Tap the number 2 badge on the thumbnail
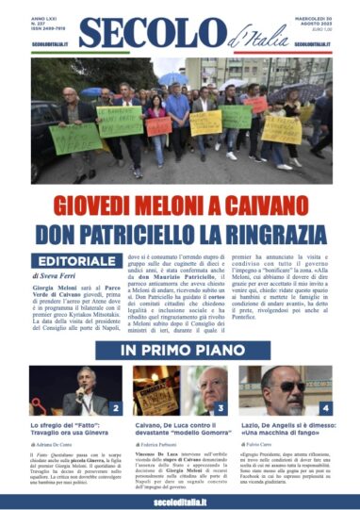tap(115, 408)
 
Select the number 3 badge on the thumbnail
tap(219, 408)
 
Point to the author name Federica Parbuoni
tap(162, 441)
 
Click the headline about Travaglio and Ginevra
tap(73, 429)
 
